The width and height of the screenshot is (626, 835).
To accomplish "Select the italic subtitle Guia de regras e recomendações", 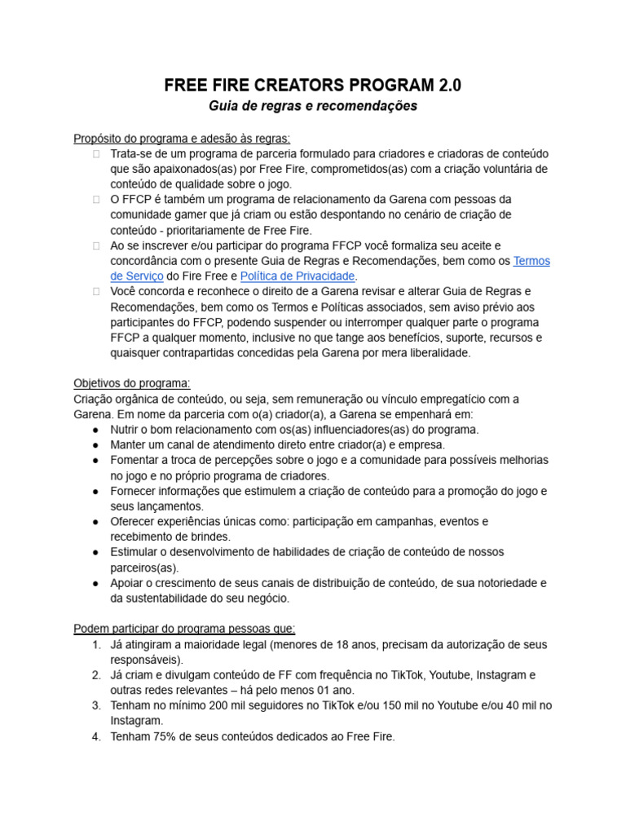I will point(313,107).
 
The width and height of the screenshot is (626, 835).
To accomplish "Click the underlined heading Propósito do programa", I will point(181,138).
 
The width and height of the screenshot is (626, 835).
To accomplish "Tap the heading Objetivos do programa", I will point(132,383).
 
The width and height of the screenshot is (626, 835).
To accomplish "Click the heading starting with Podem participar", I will point(184,629).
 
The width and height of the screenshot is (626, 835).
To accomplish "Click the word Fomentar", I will point(137,460).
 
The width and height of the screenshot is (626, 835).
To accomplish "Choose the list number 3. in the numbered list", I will point(96,705).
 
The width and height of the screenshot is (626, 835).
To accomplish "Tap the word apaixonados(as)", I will point(177,169).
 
